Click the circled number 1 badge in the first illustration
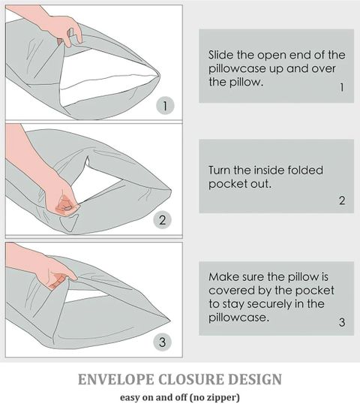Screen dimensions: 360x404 165,106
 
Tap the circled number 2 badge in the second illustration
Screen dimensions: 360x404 162,220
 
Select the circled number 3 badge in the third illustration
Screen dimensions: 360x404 162,342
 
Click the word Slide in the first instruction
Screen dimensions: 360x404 220,55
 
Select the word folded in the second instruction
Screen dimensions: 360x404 305,170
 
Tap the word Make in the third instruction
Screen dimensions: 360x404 221,277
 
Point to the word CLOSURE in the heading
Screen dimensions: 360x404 190,379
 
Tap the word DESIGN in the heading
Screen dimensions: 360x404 255,379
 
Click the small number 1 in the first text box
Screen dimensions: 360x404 342,87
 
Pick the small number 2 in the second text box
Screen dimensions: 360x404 342,200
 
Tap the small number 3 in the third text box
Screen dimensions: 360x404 342,322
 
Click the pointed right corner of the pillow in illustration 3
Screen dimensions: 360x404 170,321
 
